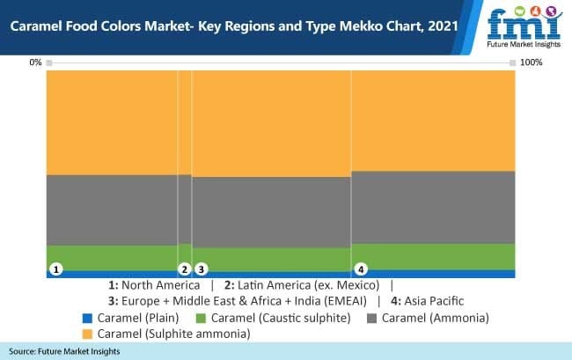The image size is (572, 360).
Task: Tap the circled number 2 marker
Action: pos(184,268)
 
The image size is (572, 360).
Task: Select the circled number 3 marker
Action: pos(201,268)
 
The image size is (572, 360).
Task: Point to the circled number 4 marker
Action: pos(360,268)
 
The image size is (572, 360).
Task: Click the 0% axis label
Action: pos(35,62)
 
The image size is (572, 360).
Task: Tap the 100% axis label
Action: pos(532,62)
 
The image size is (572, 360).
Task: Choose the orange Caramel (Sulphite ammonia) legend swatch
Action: pos(86,334)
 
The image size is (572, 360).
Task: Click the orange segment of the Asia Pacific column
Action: pos(432,120)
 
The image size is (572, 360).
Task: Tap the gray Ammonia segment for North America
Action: pos(112,209)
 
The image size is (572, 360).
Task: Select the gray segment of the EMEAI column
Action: pos(271,212)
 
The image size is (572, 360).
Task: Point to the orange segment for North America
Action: pos(112,121)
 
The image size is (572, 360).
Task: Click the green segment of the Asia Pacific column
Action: pos(432,256)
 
